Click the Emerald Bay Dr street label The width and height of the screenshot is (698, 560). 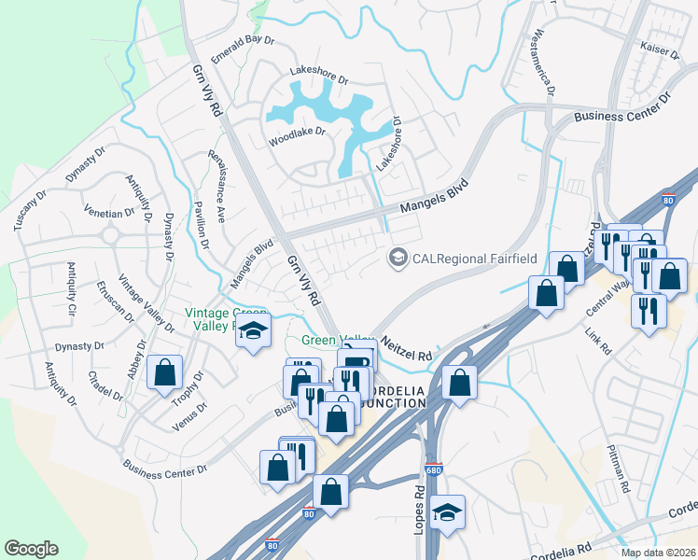[243, 49]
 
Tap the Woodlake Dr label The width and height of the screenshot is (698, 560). [297, 132]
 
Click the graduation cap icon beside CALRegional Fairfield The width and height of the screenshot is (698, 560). [399, 257]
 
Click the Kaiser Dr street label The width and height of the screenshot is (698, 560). [658, 50]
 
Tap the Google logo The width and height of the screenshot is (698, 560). [31, 549]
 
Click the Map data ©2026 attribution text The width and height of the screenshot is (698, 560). [657, 553]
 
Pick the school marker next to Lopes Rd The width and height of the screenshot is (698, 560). [449, 512]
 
